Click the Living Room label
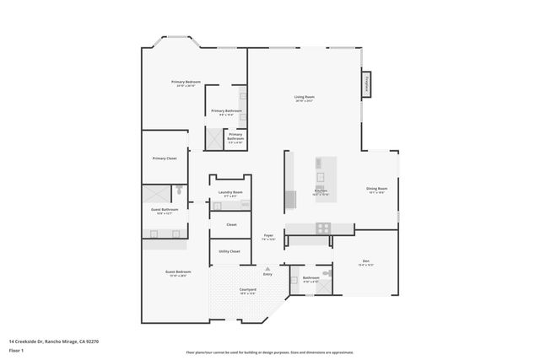point(304,98)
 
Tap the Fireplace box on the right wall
point(367,85)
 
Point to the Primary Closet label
point(165,159)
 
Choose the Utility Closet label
point(229,251)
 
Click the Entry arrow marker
point(267,269)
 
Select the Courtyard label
point(248,291)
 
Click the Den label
point(366,261)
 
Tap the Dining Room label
point(376,189)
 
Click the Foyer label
point(268,237)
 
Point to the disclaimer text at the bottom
point(269,352)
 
